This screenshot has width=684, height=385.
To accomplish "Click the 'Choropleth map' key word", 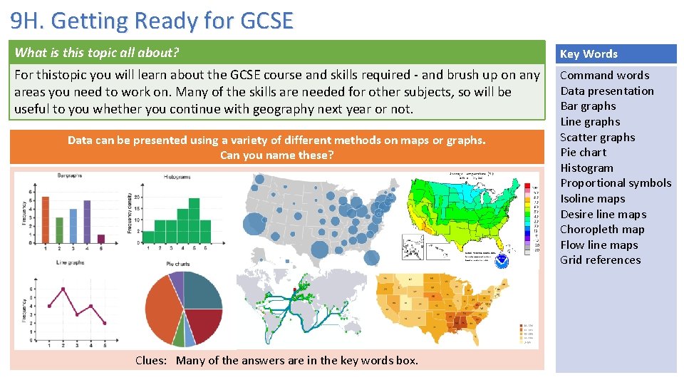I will (602, 230).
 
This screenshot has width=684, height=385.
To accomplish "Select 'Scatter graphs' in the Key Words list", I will (597, 138).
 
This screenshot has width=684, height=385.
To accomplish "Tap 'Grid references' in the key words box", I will (600, 260).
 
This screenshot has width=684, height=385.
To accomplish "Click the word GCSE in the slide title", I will (266, 21).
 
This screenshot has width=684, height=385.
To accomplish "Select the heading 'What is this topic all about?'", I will (97, 52).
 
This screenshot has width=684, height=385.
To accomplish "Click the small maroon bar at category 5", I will (101, 239).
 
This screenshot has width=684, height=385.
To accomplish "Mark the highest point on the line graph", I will (63, 289).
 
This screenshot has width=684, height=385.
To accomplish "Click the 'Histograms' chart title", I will (177, 177).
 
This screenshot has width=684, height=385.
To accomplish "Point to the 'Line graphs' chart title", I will (71, 262).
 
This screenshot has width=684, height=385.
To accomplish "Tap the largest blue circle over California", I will (254, 225).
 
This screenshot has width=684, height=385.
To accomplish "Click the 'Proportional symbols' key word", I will (616, 183).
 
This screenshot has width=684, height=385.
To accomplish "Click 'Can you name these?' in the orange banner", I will (276, 155).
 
